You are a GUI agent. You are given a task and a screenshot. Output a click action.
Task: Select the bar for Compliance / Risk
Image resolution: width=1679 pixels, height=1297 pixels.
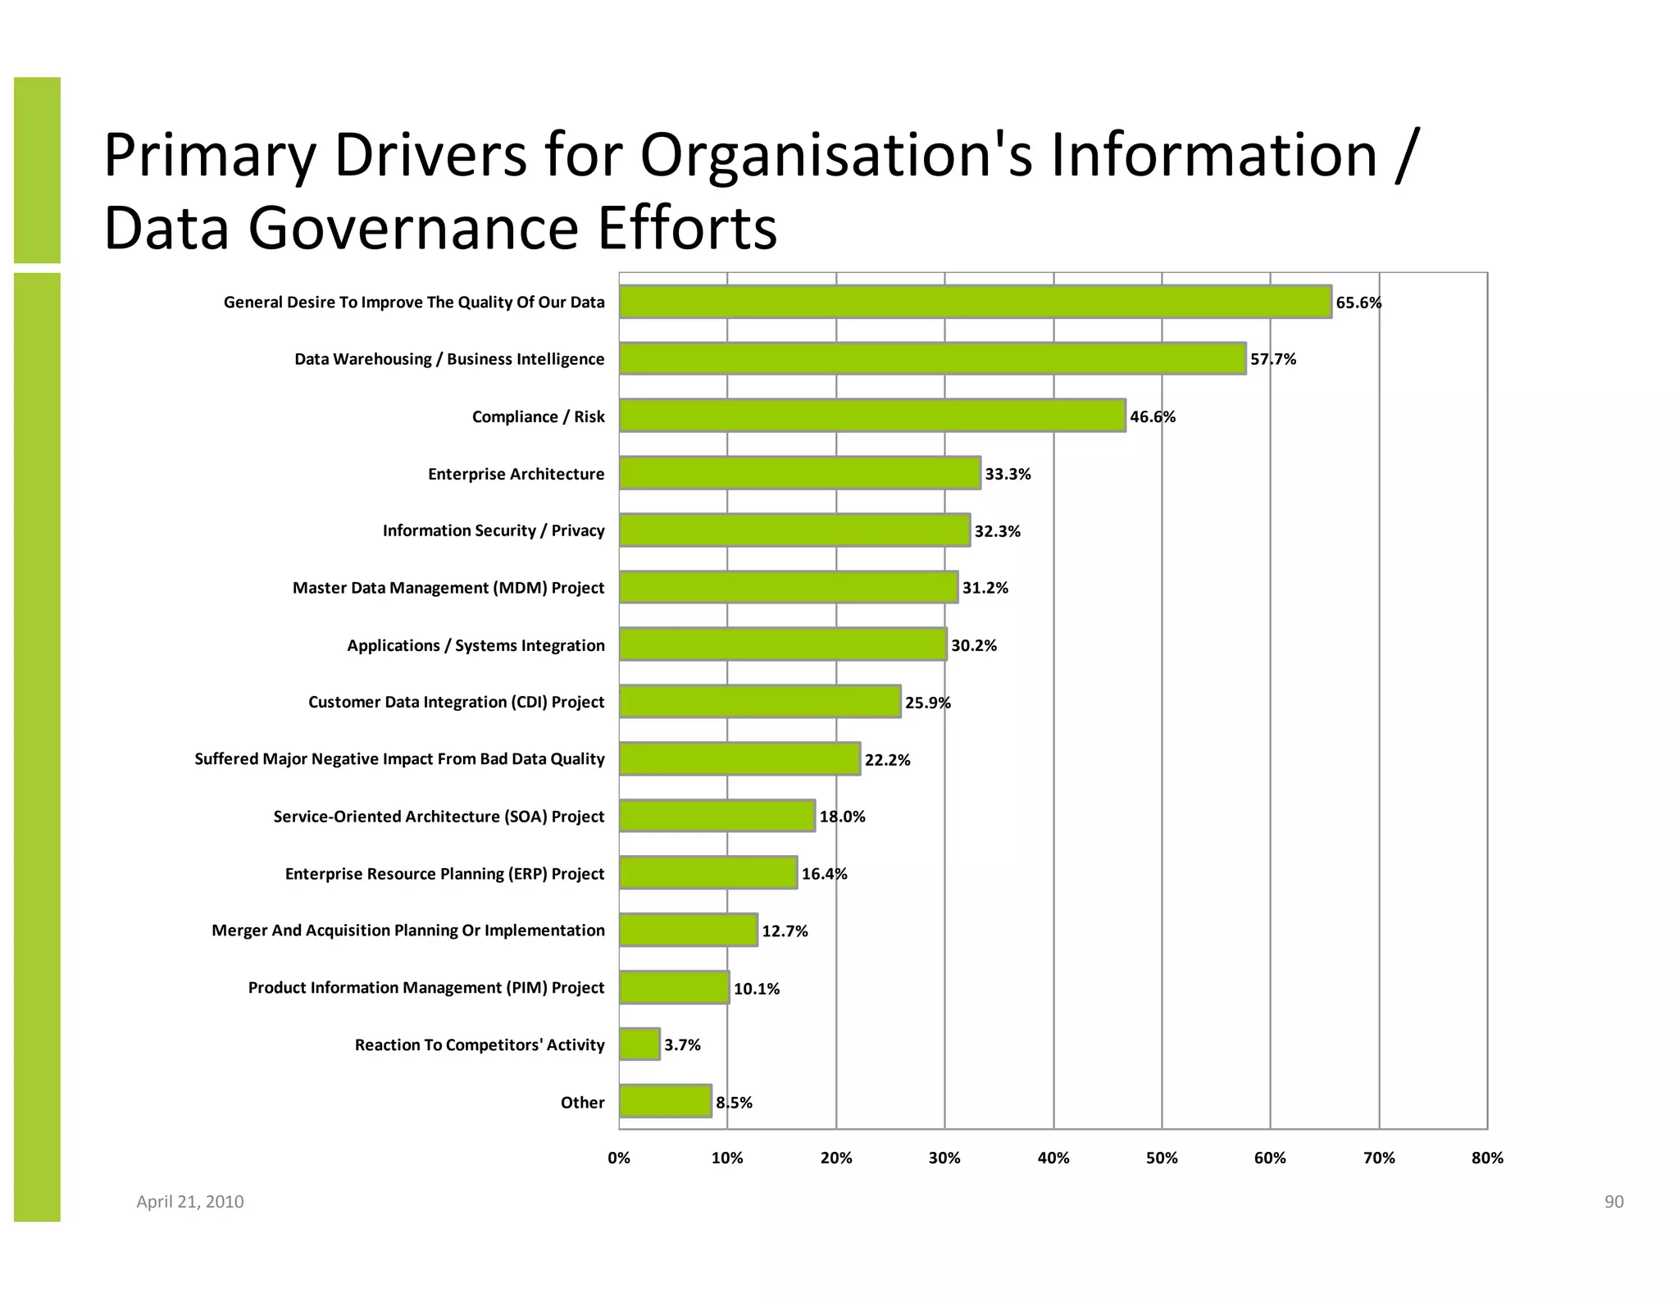click(x=872, y=416)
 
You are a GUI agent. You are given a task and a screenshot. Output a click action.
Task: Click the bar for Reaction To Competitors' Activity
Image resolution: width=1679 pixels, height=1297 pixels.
click(x=639, y=1044)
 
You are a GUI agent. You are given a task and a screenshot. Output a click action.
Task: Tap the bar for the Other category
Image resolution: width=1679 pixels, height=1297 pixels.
click(x=665, y=1101)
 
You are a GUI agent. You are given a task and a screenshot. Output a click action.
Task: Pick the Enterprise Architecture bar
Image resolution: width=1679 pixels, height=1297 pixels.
click(x=799, y=473)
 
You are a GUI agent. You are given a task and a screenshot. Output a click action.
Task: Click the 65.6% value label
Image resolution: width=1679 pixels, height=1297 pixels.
click(x=1358, y=303)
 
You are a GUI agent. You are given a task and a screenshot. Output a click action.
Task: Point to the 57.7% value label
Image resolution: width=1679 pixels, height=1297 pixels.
click(x=1272, y=359)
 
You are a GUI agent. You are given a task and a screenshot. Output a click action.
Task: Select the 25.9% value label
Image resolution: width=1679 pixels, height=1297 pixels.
click(x=927, y=703)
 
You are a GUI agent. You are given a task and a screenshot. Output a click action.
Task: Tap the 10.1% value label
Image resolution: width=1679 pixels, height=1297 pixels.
click(x=756, y=989)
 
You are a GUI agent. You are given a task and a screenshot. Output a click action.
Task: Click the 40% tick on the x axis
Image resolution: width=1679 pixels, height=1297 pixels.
click(x=1053, y=1158)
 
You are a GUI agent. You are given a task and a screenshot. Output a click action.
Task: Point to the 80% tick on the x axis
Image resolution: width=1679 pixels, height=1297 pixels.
click(x=1486, y=1158)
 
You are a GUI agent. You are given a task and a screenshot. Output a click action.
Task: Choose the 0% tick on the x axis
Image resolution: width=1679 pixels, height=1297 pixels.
click(x=619, y=1158)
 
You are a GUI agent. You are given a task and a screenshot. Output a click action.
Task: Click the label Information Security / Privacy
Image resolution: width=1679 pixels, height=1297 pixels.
click(x=494, y=530)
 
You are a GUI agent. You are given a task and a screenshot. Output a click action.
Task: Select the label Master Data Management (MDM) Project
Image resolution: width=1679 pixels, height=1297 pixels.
click(x=448, y=588)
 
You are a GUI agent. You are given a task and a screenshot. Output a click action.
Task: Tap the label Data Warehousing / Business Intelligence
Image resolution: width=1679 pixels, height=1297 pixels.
click(x=449, y=359)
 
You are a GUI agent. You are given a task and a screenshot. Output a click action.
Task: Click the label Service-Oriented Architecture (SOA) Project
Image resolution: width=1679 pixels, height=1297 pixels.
click(x=439, y=817)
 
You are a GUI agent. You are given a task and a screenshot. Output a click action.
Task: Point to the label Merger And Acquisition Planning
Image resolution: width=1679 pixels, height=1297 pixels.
click(x=407, y=931)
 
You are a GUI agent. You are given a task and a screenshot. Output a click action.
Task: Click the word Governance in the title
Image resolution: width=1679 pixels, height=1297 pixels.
click(x=416, y=229)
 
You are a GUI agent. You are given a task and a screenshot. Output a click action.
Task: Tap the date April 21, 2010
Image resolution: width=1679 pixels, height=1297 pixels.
click(x=189, y=1202)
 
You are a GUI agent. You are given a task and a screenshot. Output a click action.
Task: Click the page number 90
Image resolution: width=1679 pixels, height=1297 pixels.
click(x=1613, y=1202)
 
